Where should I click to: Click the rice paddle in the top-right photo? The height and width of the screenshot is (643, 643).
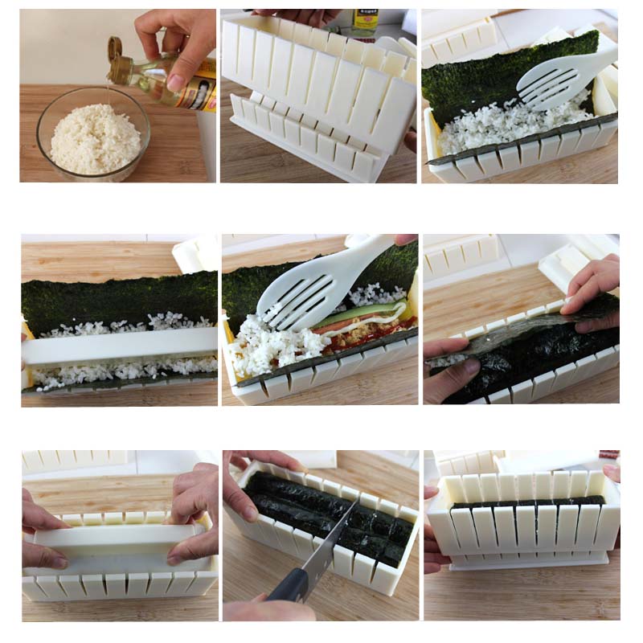(x=563, y=76)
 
